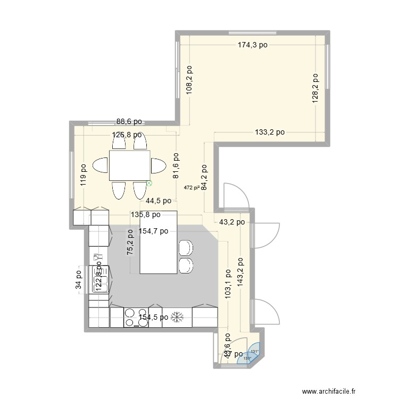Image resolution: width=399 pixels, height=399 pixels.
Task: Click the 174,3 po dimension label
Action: (x=253, y=45)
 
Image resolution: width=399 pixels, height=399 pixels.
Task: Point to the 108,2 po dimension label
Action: (x=189, y=80)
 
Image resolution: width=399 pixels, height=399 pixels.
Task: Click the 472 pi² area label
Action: (x=192, y=187)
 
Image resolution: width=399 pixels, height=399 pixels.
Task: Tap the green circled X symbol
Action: (x=149, y=184)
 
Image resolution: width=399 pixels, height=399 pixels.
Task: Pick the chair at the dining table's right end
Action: (x=158, y=166)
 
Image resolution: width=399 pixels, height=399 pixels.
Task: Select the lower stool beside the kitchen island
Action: (x=186, y=266)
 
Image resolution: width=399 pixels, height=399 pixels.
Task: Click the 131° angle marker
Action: (x=255, y=351)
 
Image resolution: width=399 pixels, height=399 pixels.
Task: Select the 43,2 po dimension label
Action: (x=231, y=222)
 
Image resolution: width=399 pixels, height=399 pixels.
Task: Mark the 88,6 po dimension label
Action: (x=129, y=122)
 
